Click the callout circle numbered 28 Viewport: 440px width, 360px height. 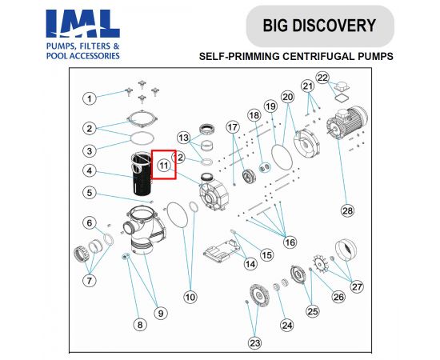(x=347, y=210)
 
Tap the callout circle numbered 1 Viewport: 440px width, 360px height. (x=90, y=98)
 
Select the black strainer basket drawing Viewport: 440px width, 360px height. (x=141, y=173)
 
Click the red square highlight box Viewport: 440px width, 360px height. (x=164, y=165)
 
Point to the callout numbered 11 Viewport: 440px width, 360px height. (x=164, y=166)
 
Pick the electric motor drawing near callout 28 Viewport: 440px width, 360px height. (x=347, y=122)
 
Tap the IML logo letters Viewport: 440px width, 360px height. (x=82, y=23)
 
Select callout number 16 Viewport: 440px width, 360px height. (x=290, y=242)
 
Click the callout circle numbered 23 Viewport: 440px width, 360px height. (x=254, y=343)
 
